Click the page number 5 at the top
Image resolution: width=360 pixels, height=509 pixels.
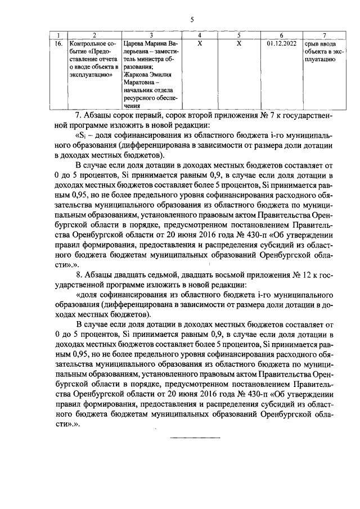point(192,20)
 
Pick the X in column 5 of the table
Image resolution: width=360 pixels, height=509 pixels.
point(239,43)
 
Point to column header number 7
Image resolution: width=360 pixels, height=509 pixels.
point(325,35)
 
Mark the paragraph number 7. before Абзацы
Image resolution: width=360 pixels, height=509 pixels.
point(78,116)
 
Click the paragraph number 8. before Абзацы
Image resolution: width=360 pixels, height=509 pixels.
point(78,276)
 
